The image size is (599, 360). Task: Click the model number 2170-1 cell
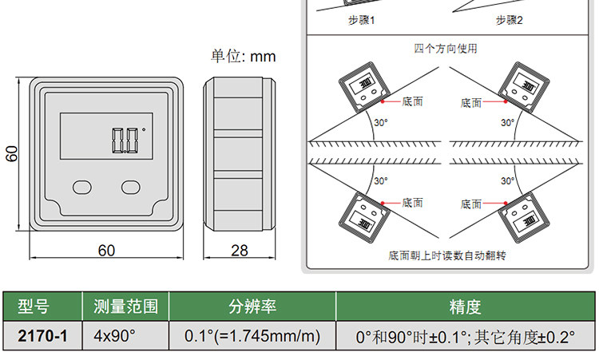click(42, 336)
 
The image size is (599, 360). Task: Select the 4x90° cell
click(114, 336)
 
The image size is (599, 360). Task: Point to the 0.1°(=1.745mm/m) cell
click(252, 336)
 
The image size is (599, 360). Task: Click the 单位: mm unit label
click(243, 57)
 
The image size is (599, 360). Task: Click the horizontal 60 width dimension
click(106, 251)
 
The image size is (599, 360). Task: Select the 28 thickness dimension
click(239, 251)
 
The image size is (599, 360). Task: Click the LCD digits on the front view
click(125, 140)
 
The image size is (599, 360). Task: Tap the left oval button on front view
click(83, 187)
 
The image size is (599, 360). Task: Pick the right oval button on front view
click(131, 187)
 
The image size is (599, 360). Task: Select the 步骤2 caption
click(509, 20)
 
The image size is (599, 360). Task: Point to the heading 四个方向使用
click(446, 49)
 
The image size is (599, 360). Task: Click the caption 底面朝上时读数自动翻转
click(447, 256)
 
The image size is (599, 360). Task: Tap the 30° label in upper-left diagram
click(381, 122)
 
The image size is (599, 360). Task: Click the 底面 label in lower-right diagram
click(471, 204)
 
